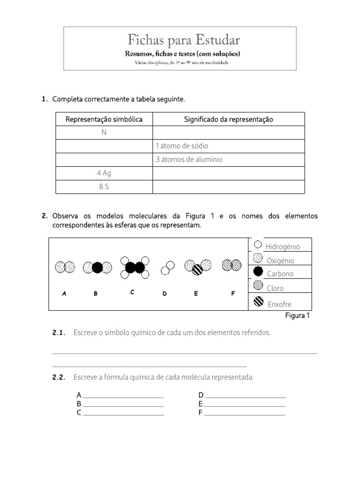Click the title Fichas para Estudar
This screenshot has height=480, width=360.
pyautogui.click(x=180, y=39)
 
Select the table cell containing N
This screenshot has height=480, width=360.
pyautogui.click(x=104, y=133)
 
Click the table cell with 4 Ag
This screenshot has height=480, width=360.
pyautogui.click(x=104, y=173)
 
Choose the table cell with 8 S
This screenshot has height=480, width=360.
pyautogui.click(x=104, y=187)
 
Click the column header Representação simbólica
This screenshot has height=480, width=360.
pyautogui.click(x=104, y=120)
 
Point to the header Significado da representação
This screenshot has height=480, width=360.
pyautogui.click(x=228, y=120)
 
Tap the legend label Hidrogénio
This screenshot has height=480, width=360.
pyautogui.click(x=282, y=247)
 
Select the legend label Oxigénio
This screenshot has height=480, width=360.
pyautogui.click(x=280, y=261)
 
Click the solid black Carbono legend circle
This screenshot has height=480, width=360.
pyautogui.click(x=258, y=271)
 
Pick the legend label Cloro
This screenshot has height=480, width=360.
pyautogui.click(x=275, y=288)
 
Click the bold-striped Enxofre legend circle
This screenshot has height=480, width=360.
pyautogui.click(x=258, y=302)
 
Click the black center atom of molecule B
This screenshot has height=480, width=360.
pyautogui.click(x=97, y=267)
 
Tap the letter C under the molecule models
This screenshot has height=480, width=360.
pyautogui.click(x=132, y=292)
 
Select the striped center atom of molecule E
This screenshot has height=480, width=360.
pyautogui.click(x=197, y=270)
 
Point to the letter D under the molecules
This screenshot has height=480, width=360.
pyautogui.click(x=165, y=294)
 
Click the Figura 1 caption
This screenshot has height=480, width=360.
pyautogui.click(x=298, y=315)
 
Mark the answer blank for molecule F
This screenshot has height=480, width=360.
pyautogui.click(x=244, y=413)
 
